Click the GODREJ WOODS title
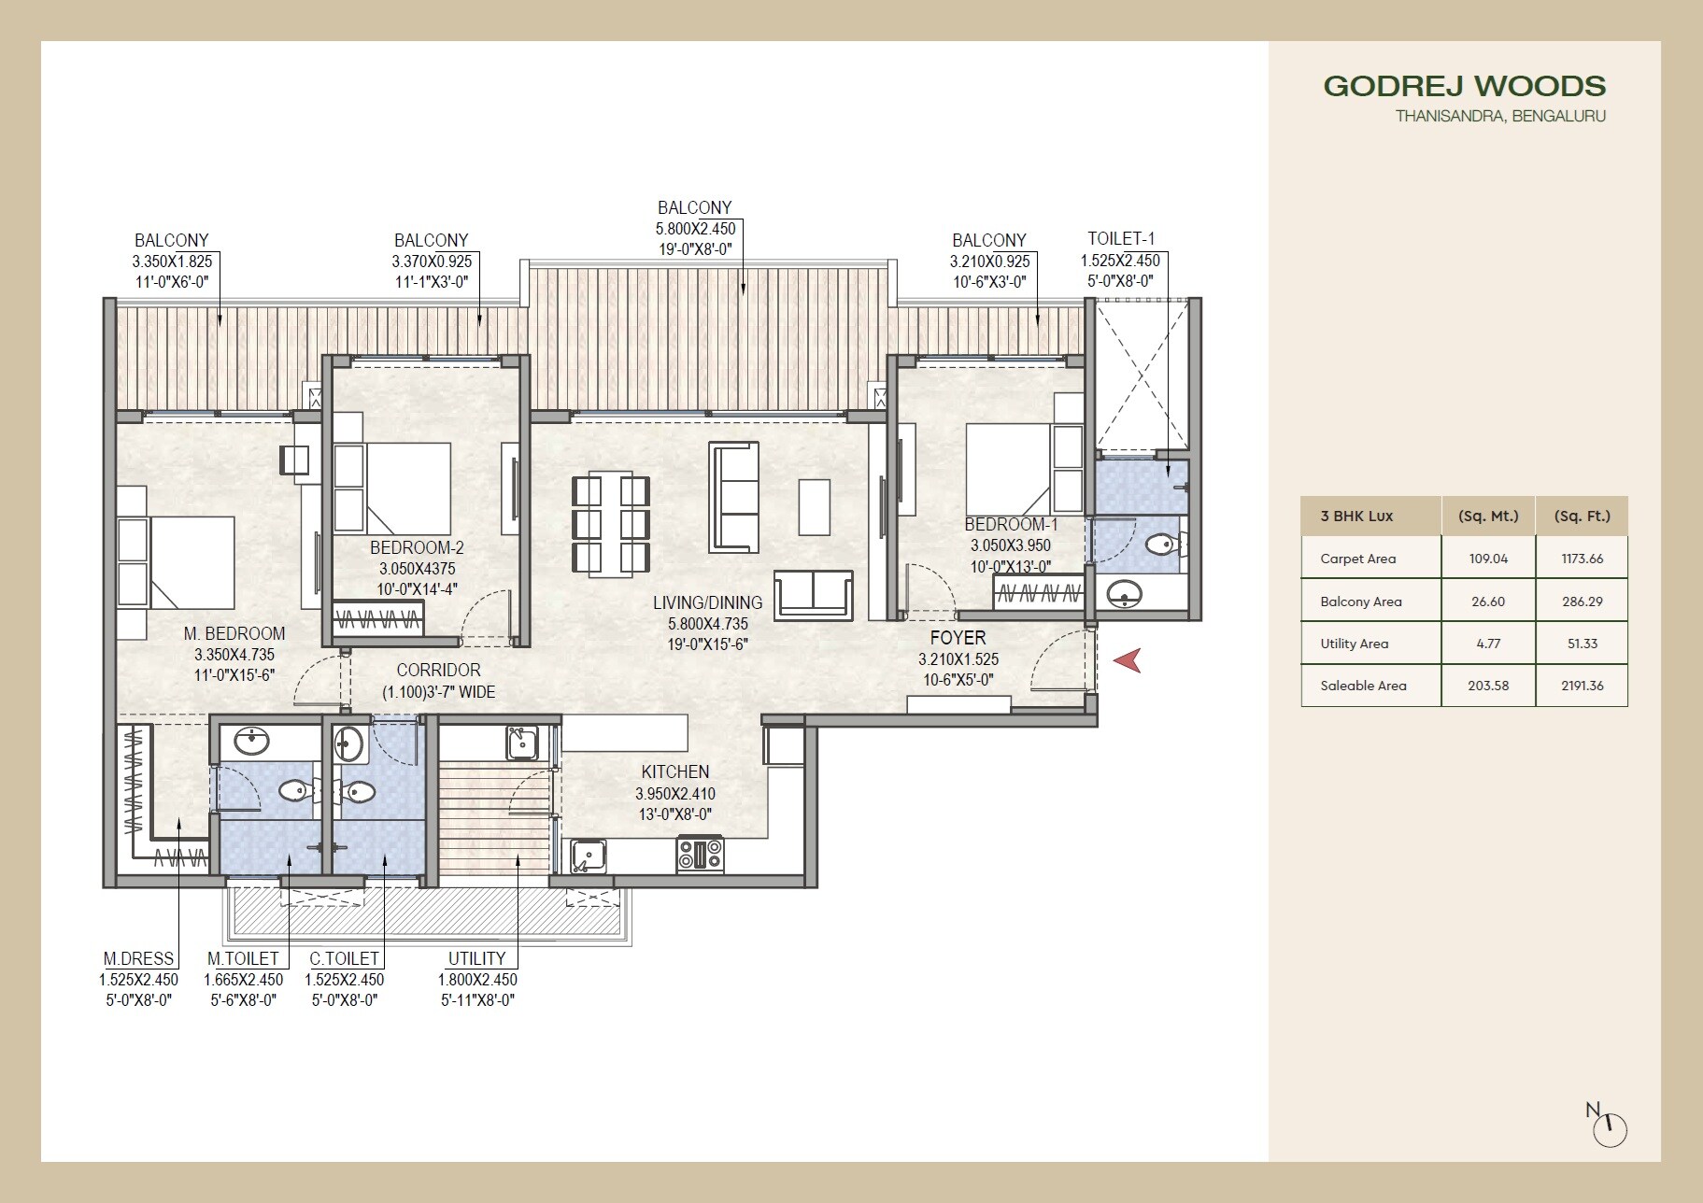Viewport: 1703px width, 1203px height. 1464,86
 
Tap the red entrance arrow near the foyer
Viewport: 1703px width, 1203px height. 1129,660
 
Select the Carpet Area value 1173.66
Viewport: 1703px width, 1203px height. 1582,559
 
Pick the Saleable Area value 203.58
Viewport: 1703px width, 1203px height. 1488,686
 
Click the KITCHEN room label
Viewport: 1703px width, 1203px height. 674,771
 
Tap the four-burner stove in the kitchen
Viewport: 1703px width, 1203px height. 700,855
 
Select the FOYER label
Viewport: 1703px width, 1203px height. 958,637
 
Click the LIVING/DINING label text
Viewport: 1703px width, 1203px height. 707,603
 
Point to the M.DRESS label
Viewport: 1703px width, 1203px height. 138,958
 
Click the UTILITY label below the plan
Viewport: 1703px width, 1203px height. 476,958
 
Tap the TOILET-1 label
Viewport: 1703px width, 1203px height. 1121,238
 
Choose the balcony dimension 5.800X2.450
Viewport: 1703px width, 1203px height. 695,229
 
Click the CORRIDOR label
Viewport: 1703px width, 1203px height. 438,670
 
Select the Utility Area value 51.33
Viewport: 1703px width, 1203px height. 1582,644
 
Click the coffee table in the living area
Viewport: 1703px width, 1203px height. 814,507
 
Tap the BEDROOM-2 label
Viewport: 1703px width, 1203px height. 417,547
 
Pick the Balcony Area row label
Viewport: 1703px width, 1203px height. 1360,601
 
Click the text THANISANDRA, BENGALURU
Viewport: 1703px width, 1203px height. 1500,117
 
